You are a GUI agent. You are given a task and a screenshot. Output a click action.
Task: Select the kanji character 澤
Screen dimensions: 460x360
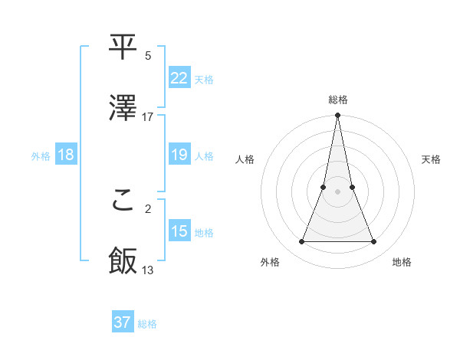tap(123, 108)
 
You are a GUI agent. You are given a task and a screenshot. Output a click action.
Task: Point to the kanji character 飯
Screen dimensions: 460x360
tap(123, 261)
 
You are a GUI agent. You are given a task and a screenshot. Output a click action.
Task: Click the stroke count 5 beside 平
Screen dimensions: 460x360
tap(148, 56)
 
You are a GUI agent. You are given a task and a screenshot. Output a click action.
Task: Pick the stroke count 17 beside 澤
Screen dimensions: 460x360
tap(148, 117)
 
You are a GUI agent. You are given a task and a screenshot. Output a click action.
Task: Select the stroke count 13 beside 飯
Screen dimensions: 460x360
tap(148, 270)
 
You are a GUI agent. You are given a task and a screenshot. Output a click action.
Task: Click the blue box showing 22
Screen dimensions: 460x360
tap(179, 77)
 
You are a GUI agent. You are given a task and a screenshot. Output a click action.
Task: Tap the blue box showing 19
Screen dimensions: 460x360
tap(179, 155)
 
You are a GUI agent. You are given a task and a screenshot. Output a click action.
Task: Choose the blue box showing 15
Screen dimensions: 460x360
tap(179, 231)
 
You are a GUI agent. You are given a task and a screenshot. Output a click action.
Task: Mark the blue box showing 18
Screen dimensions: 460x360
tap(65, 155)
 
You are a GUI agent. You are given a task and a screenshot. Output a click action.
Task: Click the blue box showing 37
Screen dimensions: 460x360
tap(122, 322)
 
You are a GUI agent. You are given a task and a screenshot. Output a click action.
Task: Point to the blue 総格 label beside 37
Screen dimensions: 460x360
tap(147, 324)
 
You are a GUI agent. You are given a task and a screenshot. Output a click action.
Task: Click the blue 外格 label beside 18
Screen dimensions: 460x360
tap(41, 156)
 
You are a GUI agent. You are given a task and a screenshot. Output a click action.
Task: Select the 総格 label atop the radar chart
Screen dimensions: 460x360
tap(337, 100)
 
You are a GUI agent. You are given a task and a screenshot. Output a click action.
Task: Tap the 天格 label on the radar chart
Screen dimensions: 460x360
tap(431, 159)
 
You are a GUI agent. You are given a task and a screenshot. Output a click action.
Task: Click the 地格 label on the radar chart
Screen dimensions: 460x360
tap(402, 262)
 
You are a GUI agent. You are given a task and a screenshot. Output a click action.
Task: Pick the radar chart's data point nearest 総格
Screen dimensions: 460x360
tap(337, 116)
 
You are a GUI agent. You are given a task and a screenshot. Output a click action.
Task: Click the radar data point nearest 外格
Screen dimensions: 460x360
tap(301, 242)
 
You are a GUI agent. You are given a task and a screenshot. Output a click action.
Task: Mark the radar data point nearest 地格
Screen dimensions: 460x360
tap(373, 242)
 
